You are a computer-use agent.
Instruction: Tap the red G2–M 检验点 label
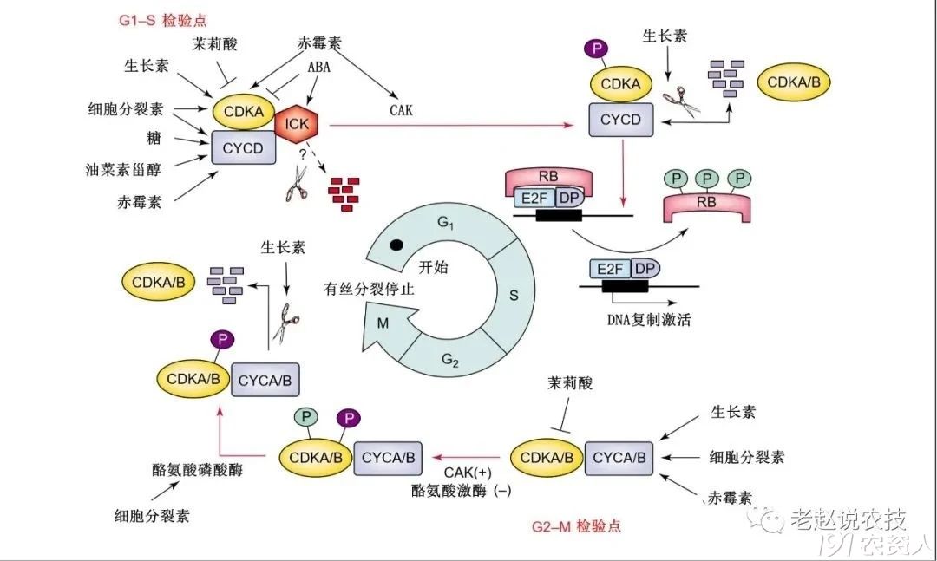[575, 526]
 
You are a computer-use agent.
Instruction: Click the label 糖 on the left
[154, 139]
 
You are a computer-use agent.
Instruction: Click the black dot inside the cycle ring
[396, 245]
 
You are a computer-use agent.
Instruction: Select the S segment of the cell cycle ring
[513, 296]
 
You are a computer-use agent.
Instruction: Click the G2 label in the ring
[449, 360]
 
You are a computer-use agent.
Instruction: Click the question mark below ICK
[304, 154]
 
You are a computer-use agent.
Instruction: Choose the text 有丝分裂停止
[370, 289]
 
